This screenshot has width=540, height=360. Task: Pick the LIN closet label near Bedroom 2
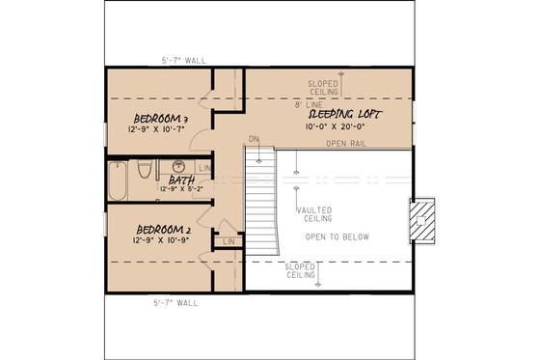pyautogui.click(x=229, y=240)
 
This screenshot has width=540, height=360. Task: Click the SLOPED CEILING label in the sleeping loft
pyautogui.click(x=322, y=87)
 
